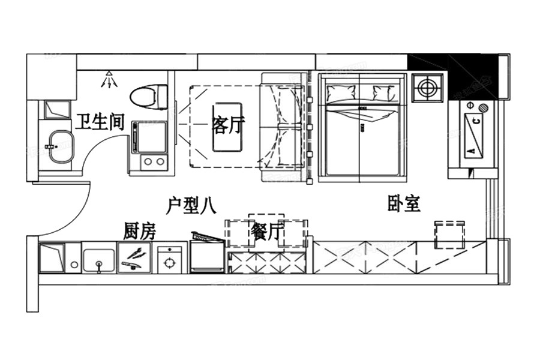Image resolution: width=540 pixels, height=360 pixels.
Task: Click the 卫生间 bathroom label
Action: click(100, 124)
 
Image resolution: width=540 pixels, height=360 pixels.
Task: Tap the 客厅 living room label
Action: click(229, 125)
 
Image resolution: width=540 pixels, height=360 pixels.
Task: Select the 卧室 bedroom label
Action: click(403, 204)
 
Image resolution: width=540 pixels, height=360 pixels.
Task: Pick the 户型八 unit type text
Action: click(190, 206)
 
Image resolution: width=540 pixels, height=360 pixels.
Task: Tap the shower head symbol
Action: click(108, 79)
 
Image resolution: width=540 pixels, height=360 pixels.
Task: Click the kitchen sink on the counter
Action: click(98, 259)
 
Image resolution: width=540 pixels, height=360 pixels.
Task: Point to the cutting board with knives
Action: click(134, 258)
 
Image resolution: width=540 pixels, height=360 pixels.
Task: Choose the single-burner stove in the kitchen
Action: click(170, 260)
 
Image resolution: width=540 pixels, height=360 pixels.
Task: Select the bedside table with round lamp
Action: click(427, 88)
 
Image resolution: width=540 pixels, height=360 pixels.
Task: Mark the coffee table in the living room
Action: click(227, 127)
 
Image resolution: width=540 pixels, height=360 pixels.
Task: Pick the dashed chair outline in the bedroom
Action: click(450, 235)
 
